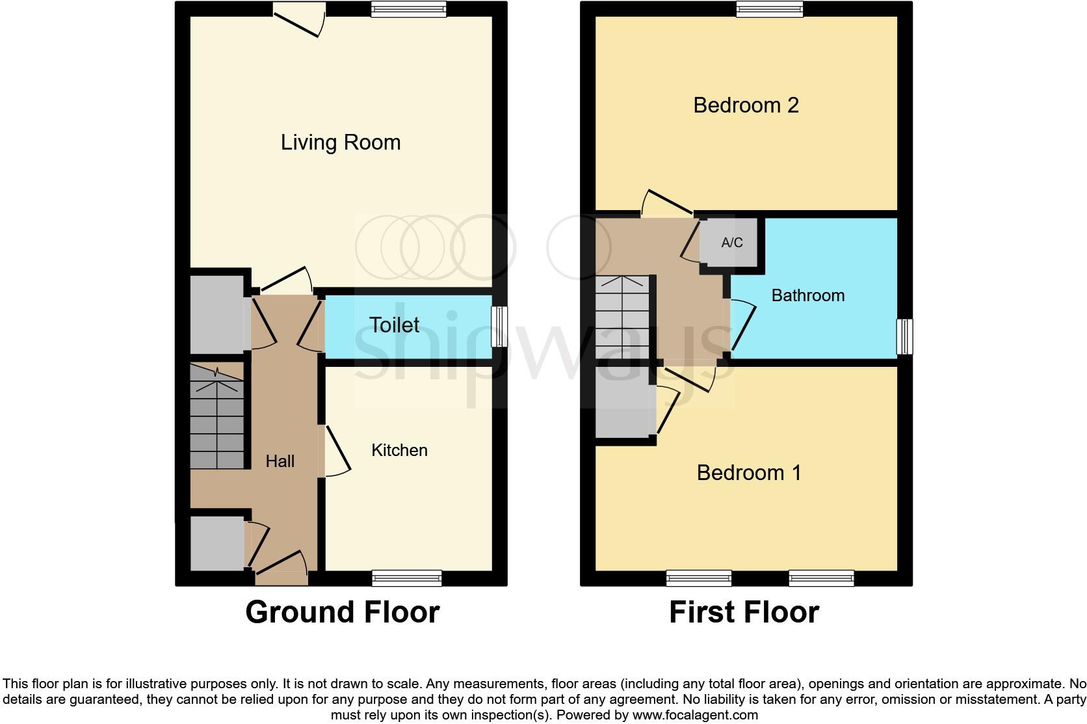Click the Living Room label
point(340,142)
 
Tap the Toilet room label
point(394,325)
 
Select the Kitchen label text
point(399,450)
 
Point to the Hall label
point(280,461)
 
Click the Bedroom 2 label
point(746,105)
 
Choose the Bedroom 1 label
point(748,472)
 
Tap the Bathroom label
point(807,295)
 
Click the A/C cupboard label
point(731,243)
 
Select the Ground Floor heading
point(342,612)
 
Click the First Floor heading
point(744,612)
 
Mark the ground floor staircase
point(216,416)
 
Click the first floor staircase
point(622,317)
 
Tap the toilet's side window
point(499,327)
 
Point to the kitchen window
point(407,578)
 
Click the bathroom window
point(904,336)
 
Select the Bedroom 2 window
point(770,8)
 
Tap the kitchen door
point(336,450)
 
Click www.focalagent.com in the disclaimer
point(694,715)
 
